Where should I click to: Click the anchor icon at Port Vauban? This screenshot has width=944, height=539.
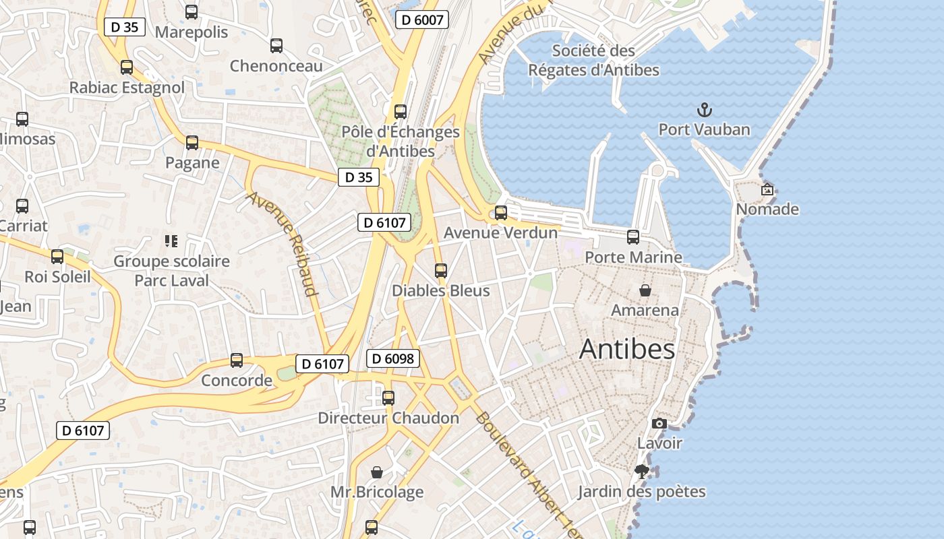click(x=704, y=110)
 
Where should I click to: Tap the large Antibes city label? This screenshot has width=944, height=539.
click(x=626, y=349)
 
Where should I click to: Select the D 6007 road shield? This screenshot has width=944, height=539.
click(x=422, y=20)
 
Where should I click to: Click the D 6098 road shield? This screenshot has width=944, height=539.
click(x=393, y=358)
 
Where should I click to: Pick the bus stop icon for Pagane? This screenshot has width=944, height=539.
click(x=192, y=143)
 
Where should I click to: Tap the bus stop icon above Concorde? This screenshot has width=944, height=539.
click(x=237, y=360)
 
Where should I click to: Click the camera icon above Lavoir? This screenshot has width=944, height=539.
click(x=659, y=423)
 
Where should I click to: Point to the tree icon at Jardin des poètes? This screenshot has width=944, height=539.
click(x=642, y=472)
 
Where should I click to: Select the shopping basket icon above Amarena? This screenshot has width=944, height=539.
click(x=645, y=290)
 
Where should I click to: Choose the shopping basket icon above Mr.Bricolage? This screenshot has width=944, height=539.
click(x=377, y=472)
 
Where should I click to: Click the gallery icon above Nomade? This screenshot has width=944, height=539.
click(x=767, y=190)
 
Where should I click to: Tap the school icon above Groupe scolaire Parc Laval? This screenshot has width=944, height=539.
click(x=171, y=241)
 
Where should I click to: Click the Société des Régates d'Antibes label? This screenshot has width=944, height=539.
click(x=593, y=60)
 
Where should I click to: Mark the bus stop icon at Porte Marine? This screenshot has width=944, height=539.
click(x=633, y=237)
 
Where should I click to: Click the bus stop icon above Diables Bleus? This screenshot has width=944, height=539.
click(x=441, y=271)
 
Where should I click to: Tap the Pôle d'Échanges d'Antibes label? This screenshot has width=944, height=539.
click(x=401, y=141)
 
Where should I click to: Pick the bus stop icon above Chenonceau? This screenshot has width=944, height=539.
click(x=276, y=46)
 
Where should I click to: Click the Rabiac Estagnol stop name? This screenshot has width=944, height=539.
click(x=127, y=88)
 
